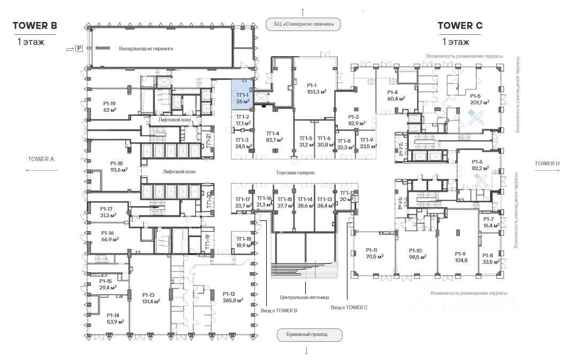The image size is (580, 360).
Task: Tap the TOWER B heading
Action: (35, 25)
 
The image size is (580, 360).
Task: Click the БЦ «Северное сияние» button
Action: (303, 24)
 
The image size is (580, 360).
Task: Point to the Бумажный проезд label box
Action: (310, 335)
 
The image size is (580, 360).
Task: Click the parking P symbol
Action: (79, 49)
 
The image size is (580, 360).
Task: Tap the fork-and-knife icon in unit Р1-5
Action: (476, 117)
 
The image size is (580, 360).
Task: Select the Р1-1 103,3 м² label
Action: (312, 88)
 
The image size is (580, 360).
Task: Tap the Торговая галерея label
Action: (295, 173)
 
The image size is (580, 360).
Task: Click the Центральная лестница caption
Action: (304, 297)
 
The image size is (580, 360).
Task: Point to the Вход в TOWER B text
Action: (279, 310)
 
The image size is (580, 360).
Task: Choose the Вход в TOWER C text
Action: (349, 308)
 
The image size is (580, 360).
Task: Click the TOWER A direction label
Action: (41, 159)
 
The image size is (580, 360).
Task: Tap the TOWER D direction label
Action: (547, 163)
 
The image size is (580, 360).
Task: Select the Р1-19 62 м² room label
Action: (110, 106)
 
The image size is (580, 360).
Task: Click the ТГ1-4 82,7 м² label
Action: (274, 136)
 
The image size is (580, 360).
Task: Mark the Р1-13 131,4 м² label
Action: (148, 298)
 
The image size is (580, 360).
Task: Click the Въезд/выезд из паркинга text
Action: (146, 49)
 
